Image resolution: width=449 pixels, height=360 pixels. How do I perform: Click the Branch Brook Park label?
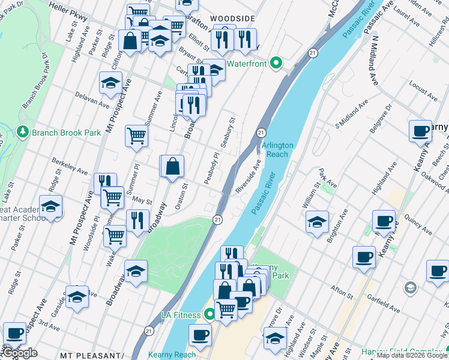click(60, 132)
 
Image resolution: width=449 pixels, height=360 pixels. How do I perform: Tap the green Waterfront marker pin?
click(276, 62)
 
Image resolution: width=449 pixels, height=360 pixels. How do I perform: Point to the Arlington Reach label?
click(276, 149)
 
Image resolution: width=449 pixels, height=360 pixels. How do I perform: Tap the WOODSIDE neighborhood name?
click(232, 19)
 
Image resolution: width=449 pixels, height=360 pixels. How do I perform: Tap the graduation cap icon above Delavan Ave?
click(110, 83)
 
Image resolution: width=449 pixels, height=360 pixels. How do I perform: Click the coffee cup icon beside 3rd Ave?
click(14, 333)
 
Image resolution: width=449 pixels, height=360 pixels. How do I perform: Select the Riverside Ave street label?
click(248, 176)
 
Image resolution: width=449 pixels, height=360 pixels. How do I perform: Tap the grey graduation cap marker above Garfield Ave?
click(411, 288)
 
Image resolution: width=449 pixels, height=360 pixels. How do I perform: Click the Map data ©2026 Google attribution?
click(412, 356)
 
